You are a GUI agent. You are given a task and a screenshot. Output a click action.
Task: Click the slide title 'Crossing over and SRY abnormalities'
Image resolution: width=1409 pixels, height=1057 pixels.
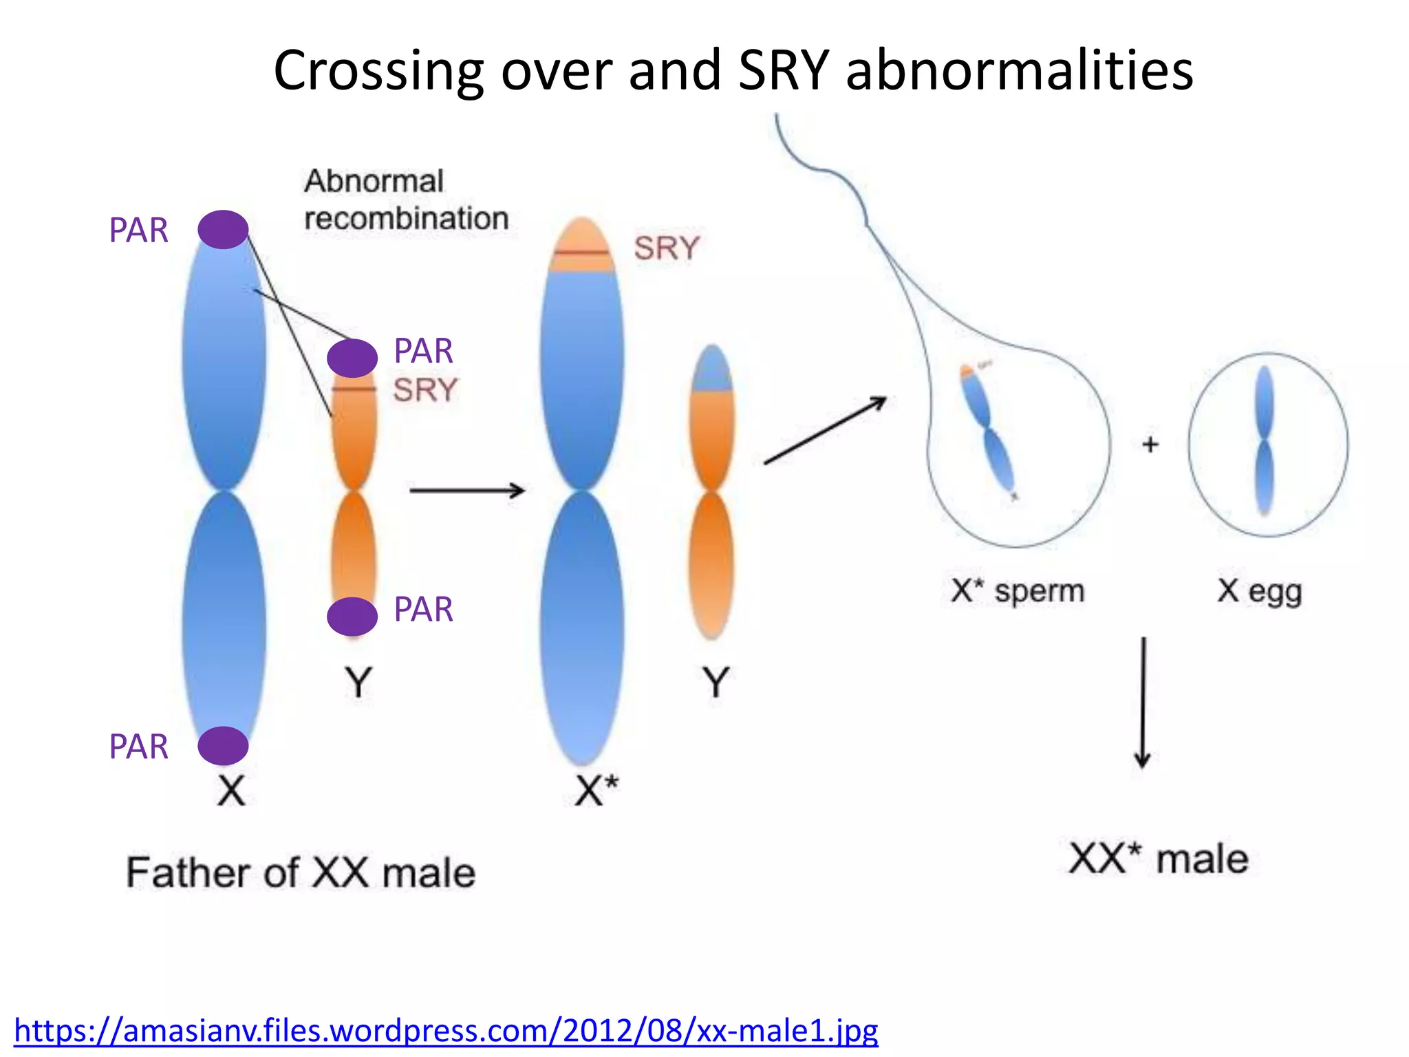[733, 70]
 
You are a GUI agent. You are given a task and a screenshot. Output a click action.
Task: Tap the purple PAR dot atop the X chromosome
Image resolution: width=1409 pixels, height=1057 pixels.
[223, 229]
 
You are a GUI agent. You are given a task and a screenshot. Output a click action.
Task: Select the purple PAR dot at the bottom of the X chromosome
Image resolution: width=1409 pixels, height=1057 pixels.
[223, 745]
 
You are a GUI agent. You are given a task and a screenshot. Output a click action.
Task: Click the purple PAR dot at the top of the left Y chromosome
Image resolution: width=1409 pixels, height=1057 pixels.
[352, 358]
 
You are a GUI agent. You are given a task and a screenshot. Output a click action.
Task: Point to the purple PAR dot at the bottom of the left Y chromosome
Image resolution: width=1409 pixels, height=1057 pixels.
[352, 616]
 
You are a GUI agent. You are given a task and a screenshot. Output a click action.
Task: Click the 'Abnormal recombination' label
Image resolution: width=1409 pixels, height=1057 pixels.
[406, 200]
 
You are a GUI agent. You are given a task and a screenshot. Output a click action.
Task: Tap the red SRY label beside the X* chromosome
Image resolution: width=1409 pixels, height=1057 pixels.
[666, 248]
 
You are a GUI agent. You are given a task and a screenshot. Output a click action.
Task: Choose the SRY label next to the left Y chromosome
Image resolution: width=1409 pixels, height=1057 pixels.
[425, 390]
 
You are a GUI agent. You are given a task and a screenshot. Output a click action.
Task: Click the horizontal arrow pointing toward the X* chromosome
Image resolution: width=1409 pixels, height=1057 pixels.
[467, 490]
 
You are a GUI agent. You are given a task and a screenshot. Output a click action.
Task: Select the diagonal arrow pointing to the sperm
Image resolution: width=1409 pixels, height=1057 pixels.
[825, 430]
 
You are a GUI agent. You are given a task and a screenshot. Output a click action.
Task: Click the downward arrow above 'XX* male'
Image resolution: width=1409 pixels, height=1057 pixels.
[1143, 702]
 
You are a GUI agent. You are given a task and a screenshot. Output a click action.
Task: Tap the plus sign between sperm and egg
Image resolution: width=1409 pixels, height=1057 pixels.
[1150, 445]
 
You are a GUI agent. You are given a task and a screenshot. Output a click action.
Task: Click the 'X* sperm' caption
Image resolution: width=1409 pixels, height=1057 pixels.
[1018, 590]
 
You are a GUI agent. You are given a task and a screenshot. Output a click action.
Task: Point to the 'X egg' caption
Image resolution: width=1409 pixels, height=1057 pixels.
[1260, 591]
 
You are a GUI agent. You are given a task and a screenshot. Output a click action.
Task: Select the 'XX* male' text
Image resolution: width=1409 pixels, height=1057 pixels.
[1159, 859]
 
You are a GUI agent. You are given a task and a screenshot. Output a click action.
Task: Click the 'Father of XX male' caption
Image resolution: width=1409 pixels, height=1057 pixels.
[301, 873]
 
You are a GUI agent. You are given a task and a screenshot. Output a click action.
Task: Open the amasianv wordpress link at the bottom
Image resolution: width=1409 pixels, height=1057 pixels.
[446, 1031]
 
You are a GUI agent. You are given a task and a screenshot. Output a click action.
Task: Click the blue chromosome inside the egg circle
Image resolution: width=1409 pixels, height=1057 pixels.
[1264, 440]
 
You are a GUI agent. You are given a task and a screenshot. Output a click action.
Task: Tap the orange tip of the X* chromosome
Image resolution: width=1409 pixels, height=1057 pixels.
[582, 244]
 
